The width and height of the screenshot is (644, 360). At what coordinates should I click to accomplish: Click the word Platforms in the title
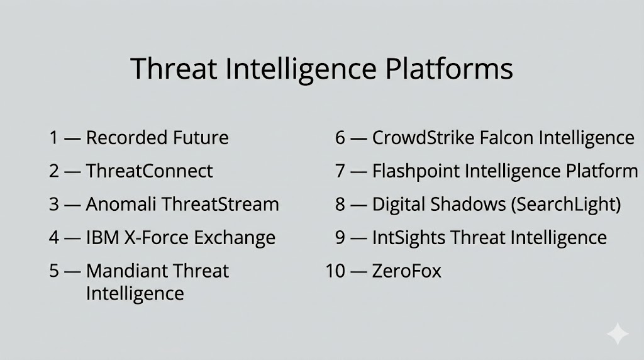click(449, 69)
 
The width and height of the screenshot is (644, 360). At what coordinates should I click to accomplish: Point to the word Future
click(201, 137)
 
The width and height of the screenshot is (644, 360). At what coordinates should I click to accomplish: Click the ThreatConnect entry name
click(149, 171)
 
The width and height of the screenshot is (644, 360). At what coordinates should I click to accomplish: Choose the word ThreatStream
click(220, 205)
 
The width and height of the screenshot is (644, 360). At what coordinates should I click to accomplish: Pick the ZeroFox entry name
click(407, 271)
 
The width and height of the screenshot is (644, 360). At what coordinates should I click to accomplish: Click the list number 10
click(335, 271)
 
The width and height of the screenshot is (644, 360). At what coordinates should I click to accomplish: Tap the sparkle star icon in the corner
click(618, 334)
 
